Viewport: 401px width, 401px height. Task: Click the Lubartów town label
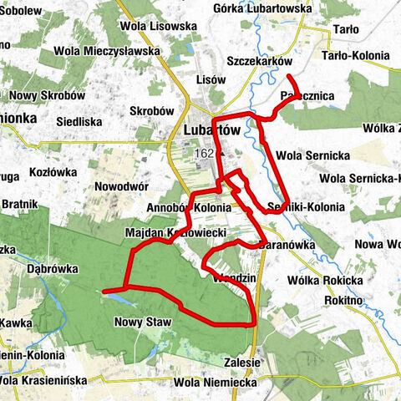212,131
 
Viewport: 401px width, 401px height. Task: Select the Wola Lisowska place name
159,27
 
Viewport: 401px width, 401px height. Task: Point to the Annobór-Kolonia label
188,207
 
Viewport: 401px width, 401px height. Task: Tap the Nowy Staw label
137,320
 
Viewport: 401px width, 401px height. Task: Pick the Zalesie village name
243,363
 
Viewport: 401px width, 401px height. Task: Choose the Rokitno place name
354,300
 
